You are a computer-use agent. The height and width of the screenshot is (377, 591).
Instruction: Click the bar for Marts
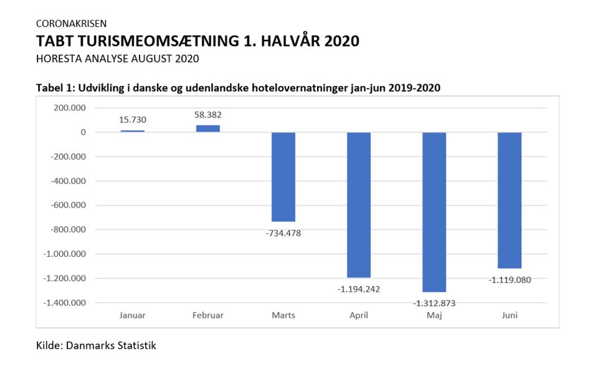tap(283, 177)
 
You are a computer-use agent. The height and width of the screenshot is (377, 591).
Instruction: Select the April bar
tap(359, 205)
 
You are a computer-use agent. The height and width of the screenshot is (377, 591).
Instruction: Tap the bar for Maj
tap(434, 212)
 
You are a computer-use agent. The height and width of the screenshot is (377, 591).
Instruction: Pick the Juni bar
tap(509, 200)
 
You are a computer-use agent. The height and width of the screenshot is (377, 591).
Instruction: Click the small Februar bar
tap(208, 128)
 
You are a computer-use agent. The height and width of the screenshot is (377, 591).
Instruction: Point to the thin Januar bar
tap(133, 131)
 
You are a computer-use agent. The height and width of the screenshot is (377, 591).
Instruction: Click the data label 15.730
tap(133, 120)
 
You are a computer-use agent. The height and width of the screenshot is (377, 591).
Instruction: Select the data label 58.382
tap(208, 115)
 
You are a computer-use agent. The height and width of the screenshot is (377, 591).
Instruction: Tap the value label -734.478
tap(283, 233)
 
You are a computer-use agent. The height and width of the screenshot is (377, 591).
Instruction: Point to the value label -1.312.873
tap(434, 303)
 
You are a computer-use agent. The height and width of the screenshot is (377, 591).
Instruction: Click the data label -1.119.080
tap(509, 280)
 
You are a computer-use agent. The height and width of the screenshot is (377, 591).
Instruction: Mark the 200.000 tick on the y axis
tap(70, 108)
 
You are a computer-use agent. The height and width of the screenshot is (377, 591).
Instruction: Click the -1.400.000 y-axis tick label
tap(64, 303)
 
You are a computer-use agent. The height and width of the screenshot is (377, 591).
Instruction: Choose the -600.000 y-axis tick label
tap(69, 205)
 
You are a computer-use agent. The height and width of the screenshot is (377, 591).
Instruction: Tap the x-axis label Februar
tap(208, 315)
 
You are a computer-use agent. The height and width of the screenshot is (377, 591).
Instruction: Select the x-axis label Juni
tap(509, 315)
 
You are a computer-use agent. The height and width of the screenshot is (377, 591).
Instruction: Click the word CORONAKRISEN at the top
tap(71, 24)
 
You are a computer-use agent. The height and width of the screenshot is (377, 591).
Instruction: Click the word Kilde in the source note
tap(49, 345)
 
